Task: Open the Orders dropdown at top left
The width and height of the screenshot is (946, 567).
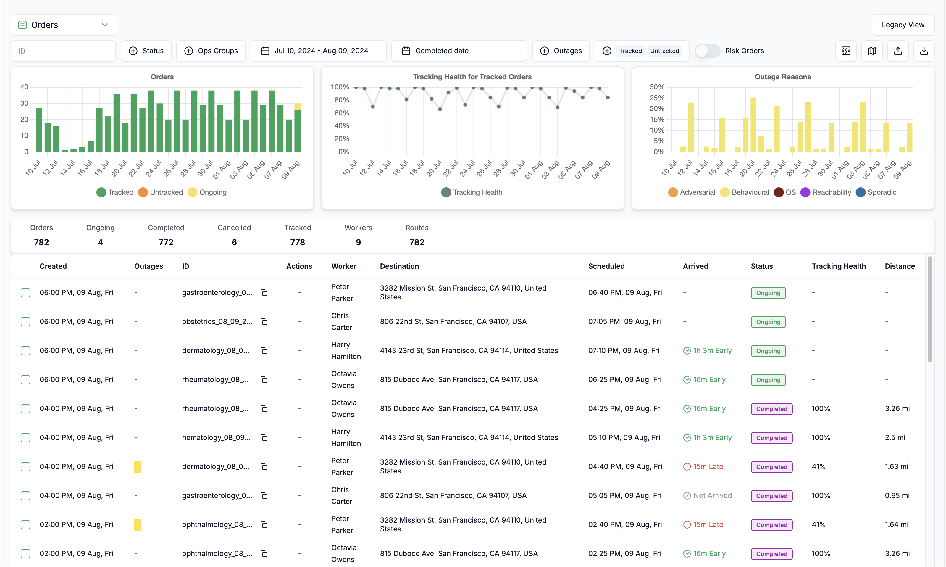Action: click(64, 25)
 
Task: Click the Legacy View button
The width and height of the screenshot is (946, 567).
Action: click(903, 25)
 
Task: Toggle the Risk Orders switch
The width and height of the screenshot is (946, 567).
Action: click(707, 51)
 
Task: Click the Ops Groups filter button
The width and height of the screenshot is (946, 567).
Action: click(211, 51)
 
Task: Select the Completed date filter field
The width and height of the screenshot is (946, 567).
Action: click(459, 51)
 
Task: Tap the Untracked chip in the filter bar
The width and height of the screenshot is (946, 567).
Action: click(664, 51)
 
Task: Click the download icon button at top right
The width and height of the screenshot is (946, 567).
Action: click(924, 51)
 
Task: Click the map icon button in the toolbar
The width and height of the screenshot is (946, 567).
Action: click(872, 51)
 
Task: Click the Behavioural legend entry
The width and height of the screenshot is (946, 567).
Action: click(745, 192)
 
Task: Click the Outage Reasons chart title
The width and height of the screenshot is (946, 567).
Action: click(782, 77)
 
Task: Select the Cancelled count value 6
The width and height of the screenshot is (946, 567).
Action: click(234, 242)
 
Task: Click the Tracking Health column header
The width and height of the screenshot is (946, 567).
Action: click(839, 266)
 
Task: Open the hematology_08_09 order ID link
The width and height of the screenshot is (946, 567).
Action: click(216, 437)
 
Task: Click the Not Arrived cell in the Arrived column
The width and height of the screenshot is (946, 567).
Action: click(707, 496)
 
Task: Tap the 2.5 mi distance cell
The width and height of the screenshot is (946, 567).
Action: click(895, 437)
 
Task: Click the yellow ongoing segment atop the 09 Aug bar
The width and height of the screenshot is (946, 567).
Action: click(298, 107)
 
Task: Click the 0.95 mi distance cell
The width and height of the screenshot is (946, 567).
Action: click(897, 496)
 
